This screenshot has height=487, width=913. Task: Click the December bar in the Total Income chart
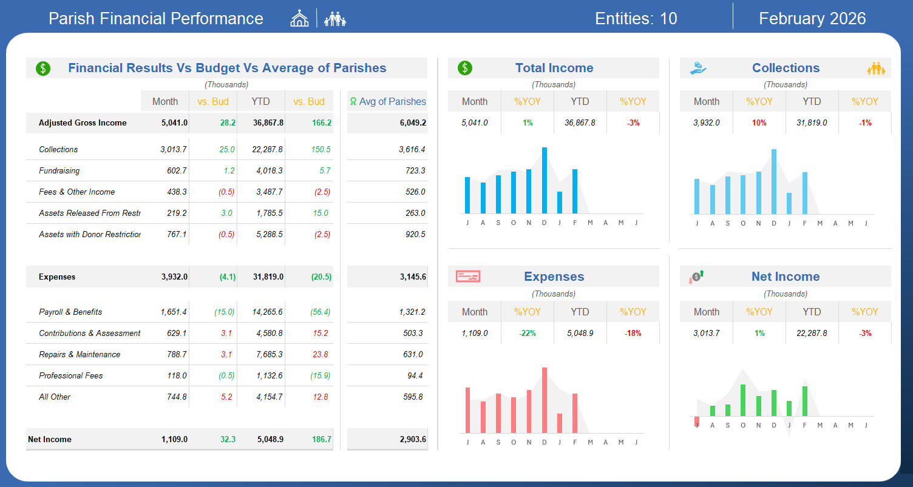tap(544, 180)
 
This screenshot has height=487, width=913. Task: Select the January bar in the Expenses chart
tap(560, 423)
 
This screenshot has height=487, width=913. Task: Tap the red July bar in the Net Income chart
tap(697, 422)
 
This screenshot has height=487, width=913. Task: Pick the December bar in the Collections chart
tap(773, 181)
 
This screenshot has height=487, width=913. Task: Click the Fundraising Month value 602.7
tap(177, 170)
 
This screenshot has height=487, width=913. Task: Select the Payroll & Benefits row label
tap(70, 312)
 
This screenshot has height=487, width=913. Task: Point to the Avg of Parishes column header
tap(388, 101)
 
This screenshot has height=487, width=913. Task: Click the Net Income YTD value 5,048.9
tap(270, 439)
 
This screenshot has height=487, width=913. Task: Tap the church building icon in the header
tap(299, 18)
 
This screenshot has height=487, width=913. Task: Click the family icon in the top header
tap(335, 19)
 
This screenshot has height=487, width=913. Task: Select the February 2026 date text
tap(812, 18)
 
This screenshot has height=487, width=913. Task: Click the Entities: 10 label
tap(636, 18)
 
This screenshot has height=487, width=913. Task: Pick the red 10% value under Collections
tap(759, 123)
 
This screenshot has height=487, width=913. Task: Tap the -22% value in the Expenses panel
tap(528, 333)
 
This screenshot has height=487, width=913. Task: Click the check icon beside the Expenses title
tap(468, 277)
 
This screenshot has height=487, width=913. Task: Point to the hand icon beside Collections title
tap(697, 68)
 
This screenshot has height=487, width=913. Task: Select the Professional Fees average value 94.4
tap(415, 375)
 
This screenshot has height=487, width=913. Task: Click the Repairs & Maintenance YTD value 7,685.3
tap(270, 354)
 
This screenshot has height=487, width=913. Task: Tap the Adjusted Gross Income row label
tap(83, 123)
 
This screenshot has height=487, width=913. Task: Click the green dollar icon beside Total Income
tap(464, 68)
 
